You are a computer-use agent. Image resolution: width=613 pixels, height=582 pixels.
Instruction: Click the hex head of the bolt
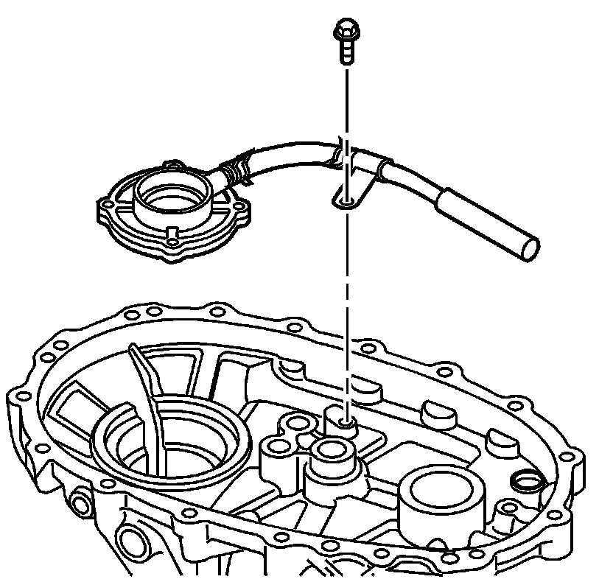pyautogui.click(x=345, y=30)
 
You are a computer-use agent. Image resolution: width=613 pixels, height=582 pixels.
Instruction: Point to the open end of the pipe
pyautogui.click(x=529, y=249)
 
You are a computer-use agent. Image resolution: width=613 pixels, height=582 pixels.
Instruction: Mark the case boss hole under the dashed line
pyautogui.click(x=344, y=425)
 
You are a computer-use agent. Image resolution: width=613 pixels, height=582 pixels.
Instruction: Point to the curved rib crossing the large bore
pyautogui.click(x=147, y=398)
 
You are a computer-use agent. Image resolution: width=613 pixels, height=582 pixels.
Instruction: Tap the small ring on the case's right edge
pyautogui.click(x=525, y=482)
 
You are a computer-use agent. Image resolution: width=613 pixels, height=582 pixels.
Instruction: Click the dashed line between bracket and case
pyautogui.click(x=345, y=309)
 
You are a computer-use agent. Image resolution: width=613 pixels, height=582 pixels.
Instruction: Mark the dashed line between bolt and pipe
pyautogui.click(x=345, y=103)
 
